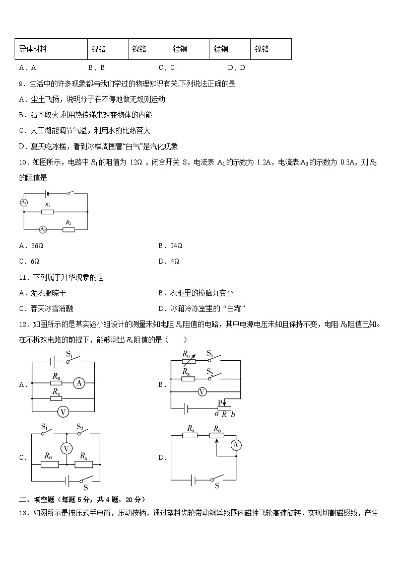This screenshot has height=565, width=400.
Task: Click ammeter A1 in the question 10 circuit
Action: [23, 202]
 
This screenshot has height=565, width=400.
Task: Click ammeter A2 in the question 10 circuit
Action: [43, 229]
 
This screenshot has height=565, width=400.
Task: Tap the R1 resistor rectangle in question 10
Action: [47, 212]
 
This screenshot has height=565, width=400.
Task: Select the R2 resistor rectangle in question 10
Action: [69, 229]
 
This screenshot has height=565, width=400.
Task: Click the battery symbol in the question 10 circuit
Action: [47, 193]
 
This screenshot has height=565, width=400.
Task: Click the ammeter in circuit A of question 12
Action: [79, 383]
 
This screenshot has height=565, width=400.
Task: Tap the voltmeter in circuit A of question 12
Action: [63, 411]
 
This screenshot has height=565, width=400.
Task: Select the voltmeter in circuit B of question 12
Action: [202, 391]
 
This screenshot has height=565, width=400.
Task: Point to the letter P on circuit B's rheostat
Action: [221, 402]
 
